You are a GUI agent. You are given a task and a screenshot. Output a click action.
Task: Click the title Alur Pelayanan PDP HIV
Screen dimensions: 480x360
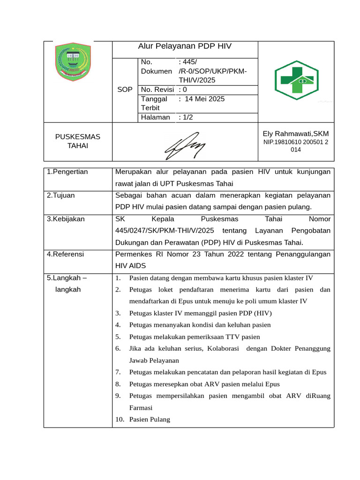point(185,46)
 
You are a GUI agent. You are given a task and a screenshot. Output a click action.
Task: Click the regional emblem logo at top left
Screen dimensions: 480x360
point(72,61)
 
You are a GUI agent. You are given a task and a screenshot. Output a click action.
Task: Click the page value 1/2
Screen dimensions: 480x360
point(186,117)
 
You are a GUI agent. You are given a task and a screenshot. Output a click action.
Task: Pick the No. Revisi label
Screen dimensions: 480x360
point(157,89)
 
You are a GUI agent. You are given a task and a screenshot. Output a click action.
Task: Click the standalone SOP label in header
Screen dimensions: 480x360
point(125,89)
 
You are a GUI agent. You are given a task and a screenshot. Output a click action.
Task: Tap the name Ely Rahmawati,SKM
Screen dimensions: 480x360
point(295,134)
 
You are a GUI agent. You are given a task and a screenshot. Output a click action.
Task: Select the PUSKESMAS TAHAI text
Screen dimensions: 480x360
point(78,141)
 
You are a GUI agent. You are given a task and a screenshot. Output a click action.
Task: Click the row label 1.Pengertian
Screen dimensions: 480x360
point(67,172)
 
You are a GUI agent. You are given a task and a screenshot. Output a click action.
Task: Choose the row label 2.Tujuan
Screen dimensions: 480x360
point(61,195)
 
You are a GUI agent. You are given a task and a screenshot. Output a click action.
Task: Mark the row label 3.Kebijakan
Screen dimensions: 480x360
point(66,219)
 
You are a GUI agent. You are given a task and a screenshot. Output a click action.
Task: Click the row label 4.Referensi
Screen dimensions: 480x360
point(66,254)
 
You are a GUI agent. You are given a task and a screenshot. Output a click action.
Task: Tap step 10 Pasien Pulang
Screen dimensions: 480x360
point(150,420)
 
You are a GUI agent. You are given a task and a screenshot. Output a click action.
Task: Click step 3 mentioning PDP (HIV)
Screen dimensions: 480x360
point(200,313)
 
